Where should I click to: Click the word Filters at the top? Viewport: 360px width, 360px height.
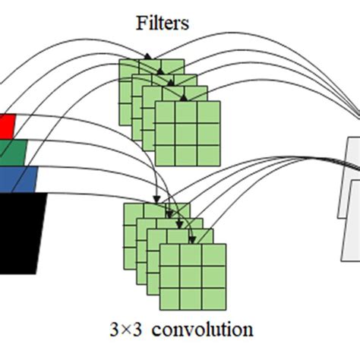[162, 24]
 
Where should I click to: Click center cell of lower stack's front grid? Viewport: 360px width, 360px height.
[192, 276]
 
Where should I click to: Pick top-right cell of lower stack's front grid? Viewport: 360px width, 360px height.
[213, 255]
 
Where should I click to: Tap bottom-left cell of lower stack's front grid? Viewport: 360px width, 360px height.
[171, 298]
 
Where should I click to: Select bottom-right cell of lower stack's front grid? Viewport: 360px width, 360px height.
[213, 298]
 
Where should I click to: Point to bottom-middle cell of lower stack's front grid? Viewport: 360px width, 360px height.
[192, 298]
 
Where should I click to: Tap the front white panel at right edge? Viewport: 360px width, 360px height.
[351, 220]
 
